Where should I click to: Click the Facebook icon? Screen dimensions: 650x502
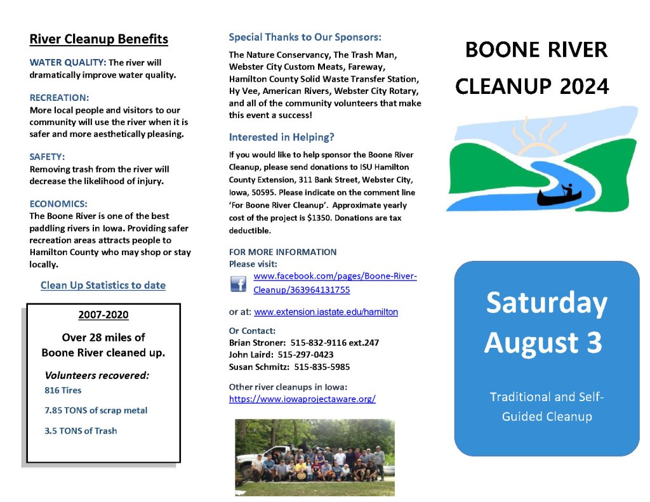(x=238, y=284)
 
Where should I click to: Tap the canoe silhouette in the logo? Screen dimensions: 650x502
(x=559, y=195)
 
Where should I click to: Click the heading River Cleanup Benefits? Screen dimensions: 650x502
(x=98, y=39)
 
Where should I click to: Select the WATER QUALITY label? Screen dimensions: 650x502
(x=68, y=63)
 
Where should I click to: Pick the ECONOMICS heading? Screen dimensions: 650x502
(x=58, y=204)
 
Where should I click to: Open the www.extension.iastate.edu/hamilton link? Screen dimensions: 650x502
(x=326, y=312)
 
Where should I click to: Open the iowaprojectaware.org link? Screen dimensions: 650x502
(x=302, y=399)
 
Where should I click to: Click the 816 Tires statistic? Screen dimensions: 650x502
(x=63, y=390)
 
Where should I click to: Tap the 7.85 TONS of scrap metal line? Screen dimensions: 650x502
(x=96, y=411)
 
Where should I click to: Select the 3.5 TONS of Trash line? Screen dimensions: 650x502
(x=81, y=431)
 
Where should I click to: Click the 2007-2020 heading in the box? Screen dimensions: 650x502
(x=103, y=315)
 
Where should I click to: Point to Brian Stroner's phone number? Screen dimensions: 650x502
(x=335, y=343)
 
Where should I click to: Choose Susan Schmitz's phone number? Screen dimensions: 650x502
(x=322, y=367)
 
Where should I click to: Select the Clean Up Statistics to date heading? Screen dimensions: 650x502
(x=103, y=286)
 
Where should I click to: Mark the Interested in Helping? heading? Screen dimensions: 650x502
(x=281, y=137)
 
